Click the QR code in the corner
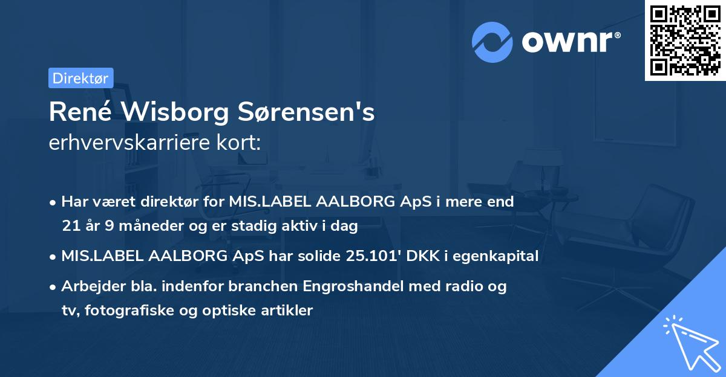[x=685, y=40]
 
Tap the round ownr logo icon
[x=492, y=42]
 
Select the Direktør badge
[x=80, y=78]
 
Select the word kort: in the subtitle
[x=241, y=144]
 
